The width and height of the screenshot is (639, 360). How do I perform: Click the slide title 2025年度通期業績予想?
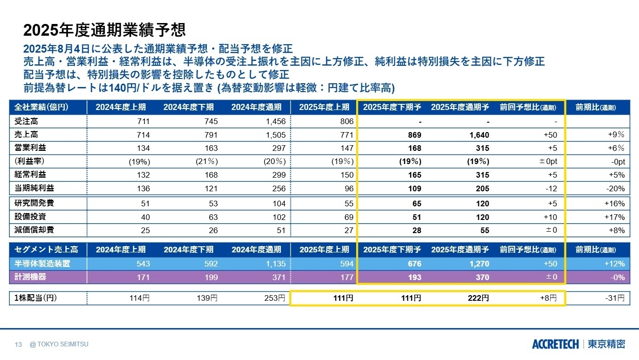click(x=104, y=30)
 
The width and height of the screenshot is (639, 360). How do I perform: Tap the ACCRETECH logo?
click(x=555, y=344)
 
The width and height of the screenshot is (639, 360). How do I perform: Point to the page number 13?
click(x=19, y=344)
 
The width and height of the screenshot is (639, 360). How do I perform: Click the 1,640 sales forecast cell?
click(x=479, y=135)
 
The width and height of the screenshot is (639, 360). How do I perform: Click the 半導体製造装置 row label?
click(x=42, y=264)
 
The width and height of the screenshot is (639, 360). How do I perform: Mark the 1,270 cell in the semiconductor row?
click(x=479, y=264)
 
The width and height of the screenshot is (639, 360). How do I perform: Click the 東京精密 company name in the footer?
click(x=607, y=344)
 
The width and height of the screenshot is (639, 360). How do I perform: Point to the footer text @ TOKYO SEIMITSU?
click(x=59, y=344)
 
